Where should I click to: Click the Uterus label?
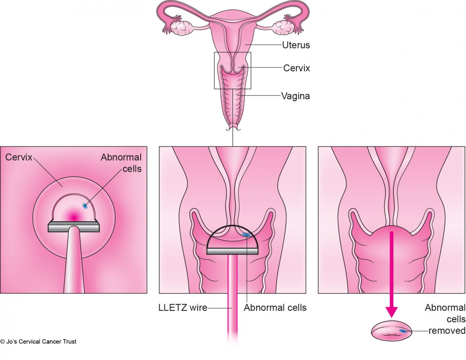(x=296, y=45)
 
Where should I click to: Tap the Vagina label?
(x=296, y=96)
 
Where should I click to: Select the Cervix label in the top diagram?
(x=297, y=68)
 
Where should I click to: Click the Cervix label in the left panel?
(x=19, y=157)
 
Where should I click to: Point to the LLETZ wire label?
(x=183, y=308)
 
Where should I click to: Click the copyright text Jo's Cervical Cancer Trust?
(x=38, y=342)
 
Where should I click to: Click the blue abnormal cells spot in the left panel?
(x=85, y=206)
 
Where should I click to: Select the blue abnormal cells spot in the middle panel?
(x=245, y=234)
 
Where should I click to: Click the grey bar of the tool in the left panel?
(x=74, y=227)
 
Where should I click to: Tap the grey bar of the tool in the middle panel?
(x=232, y=251)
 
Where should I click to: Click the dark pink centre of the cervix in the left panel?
(x=74, y=216)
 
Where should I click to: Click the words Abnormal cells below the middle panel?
(x=275, y=308)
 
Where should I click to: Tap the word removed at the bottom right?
(x=447, y=331)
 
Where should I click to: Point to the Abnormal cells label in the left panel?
(x=121, y=163)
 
